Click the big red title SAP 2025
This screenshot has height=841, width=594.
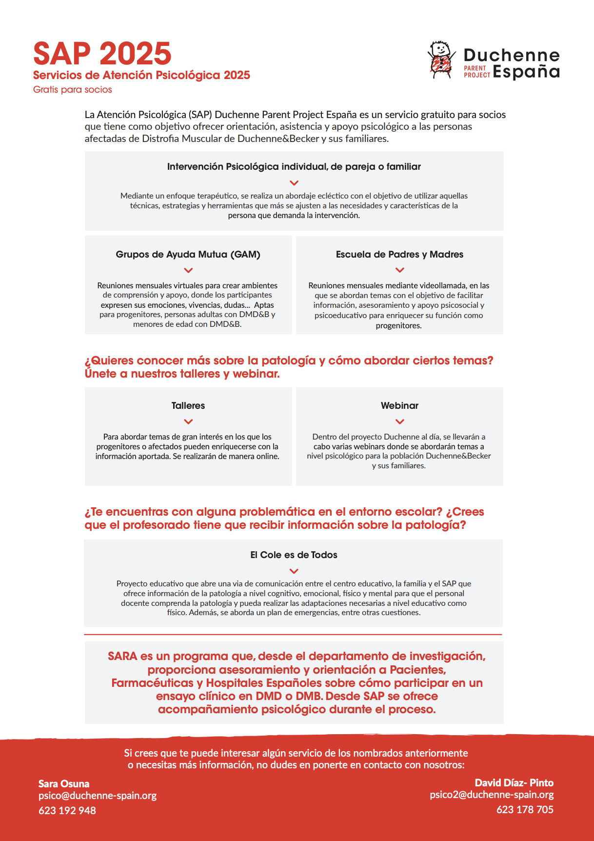click(x=102, y=54)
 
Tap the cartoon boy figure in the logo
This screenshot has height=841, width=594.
click(x=441, y=60)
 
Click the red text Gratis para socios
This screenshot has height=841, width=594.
click(x=73, y=90)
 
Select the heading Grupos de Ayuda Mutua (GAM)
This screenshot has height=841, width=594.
click(x=188, y=255)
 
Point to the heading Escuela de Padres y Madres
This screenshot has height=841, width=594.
click(x=399, y=255)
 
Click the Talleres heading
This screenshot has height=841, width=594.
click(x=188, y=406)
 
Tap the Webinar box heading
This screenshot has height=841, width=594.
click(x=399, y=406)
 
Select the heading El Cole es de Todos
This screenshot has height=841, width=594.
click(x=294, y=555)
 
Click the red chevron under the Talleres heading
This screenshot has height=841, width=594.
click(x=188, y=422)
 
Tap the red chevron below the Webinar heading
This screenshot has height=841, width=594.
click(x=399, y=422)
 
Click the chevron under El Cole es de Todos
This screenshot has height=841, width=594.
click(x=294, y=571)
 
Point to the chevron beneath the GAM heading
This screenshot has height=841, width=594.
click(x=188, y=270)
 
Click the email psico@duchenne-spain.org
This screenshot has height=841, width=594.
click(x=98, y=796)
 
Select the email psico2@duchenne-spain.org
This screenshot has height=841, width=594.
click(x=492, y=795)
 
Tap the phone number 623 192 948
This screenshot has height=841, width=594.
click(x=67, y=811)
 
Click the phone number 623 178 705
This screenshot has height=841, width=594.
click(x=525, y=810)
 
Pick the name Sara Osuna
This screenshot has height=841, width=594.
click(x=64, y=784)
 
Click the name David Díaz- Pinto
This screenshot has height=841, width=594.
click(x=514, y=783)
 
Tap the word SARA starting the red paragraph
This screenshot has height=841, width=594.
click(x=122, y=657)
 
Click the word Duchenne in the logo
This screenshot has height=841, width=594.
click(x=511, y=55)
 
